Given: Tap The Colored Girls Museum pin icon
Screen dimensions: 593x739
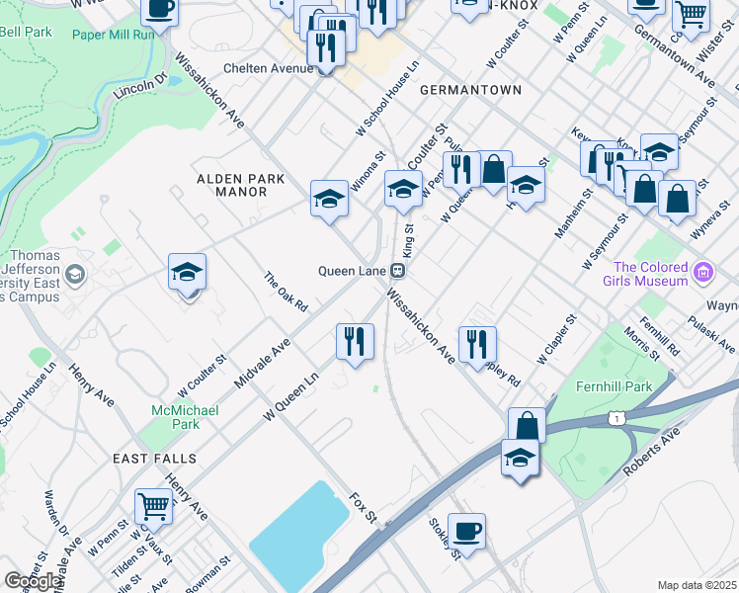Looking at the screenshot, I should pyautogui.click(x=703, y=271).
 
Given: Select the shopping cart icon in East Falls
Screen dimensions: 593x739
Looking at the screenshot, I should pyautogui.click(x=154, y=506).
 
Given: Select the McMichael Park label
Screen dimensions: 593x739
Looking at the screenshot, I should pyautogui.click(x=176, y=417).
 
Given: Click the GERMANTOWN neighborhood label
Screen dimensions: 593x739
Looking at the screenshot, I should pyautogui.click(x=470, y=90).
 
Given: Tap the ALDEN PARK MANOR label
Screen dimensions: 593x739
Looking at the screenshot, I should pyautogui.click(x=240, y=185).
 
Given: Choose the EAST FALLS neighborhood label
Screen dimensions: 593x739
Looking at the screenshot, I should pyautogui.click(x=154, y=460).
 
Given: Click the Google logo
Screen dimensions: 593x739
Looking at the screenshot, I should pyautogui.click(x=34, y=581).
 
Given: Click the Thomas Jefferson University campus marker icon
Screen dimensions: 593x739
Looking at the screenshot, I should pyautogui.click(x=76, y=275).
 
